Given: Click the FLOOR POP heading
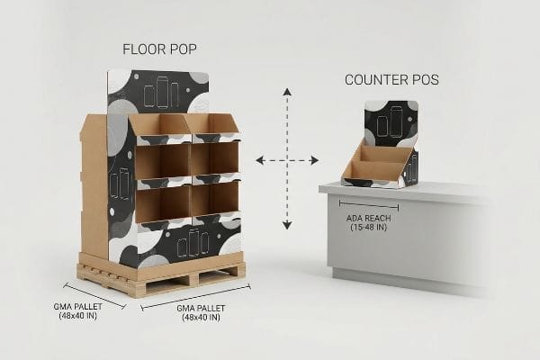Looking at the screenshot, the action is coord(159,49).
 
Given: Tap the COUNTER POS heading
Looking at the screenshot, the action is coord(391,80).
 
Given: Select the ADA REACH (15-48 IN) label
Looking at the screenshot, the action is coord(368,223).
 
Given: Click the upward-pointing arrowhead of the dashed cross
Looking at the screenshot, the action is coord(288,92).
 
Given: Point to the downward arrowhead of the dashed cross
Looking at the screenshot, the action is coord(287,226).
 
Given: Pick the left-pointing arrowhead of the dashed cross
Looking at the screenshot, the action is coord(260,160).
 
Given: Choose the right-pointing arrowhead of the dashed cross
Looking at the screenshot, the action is coord(314,160).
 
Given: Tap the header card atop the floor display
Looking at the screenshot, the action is coord(158,91).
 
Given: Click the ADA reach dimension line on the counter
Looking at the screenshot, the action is coord(369,205).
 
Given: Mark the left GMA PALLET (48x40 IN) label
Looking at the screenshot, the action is coord(78,311).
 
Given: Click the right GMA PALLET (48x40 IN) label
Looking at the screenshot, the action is coord(201,313).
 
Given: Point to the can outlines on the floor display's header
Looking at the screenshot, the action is coord(161,93).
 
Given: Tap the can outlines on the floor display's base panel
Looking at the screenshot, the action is coord(193,243).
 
